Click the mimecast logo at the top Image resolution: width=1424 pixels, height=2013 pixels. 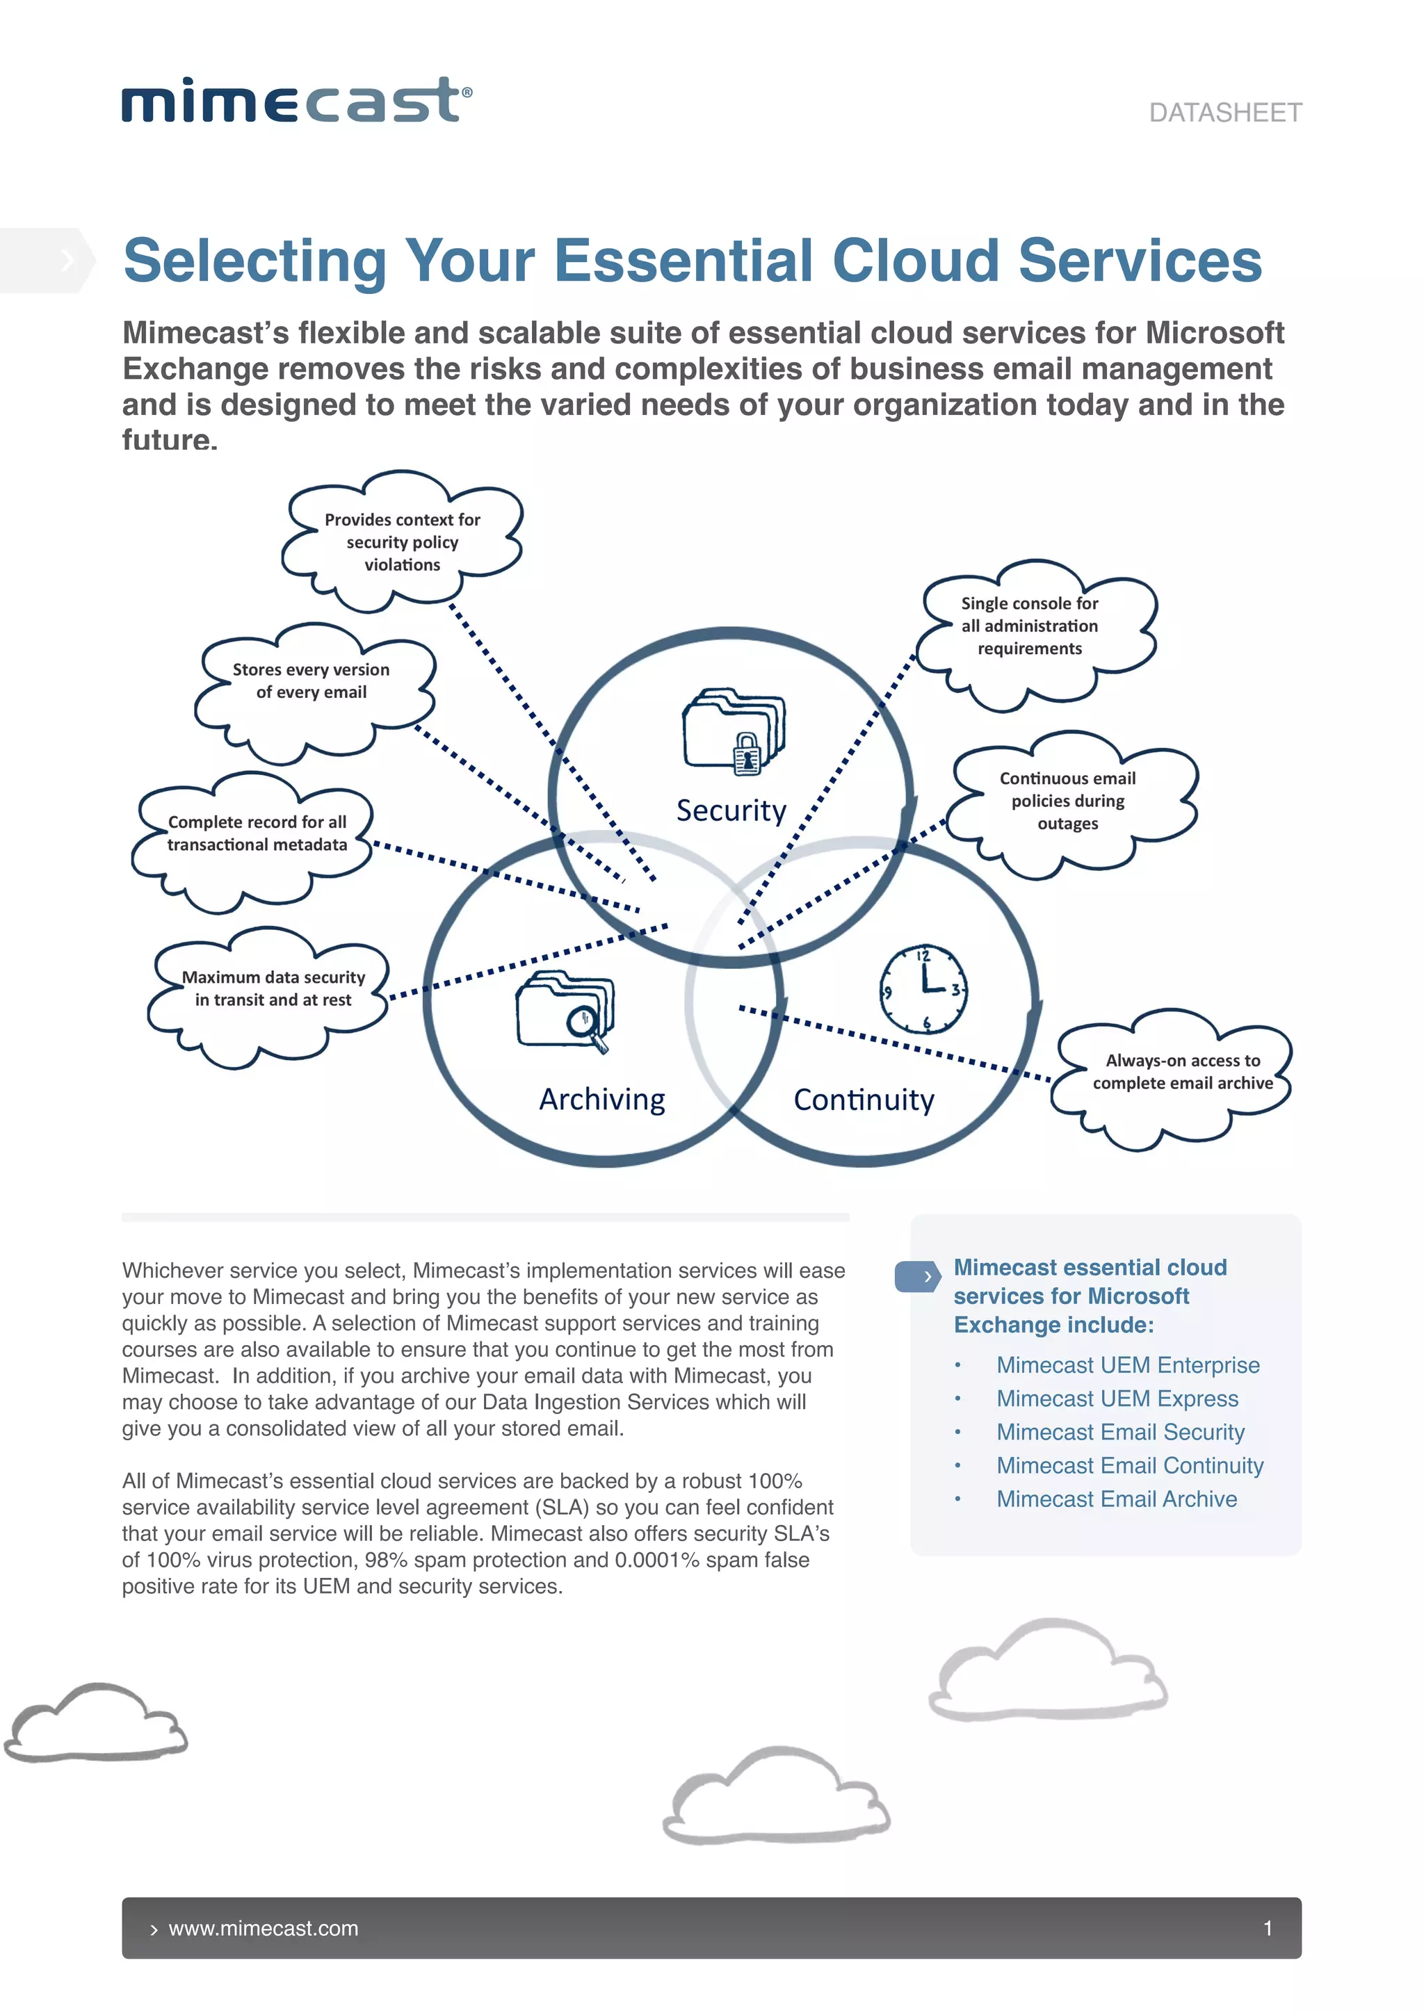[x=296, y=100]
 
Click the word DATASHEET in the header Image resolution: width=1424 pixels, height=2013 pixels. [x=1225, y=113]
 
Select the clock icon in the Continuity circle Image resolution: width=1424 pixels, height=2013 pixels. [x=923, y=989]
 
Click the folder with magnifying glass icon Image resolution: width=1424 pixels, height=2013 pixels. [x=565, y=1010]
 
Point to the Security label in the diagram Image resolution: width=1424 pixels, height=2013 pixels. [x=731, y=810]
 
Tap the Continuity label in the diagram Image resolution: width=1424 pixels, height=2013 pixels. [x=864, y=1100]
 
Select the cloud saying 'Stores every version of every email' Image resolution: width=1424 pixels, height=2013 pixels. [x=311, y=681]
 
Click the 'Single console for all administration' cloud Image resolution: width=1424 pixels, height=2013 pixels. [x=1030, y=626]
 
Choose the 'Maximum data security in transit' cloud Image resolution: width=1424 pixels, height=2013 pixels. [x=273, y=988]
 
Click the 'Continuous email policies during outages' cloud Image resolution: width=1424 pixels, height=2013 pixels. [x=1067, y=801]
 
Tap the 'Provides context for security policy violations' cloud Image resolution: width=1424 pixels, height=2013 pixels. [x=403, y=541]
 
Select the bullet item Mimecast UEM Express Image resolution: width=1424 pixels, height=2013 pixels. [x=1117, y=1399]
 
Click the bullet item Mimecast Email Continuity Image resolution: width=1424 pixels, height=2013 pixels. [x=1129, y=1465]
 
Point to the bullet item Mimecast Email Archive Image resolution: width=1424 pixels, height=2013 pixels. [x=1116, y=1499]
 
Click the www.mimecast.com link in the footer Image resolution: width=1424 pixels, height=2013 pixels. [x=263, y=1928]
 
